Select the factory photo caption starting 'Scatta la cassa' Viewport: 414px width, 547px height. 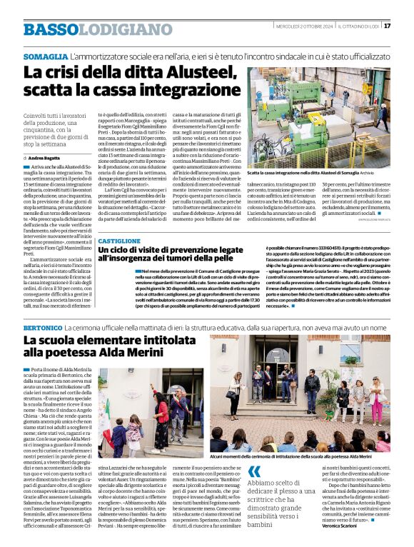click(314, 172)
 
